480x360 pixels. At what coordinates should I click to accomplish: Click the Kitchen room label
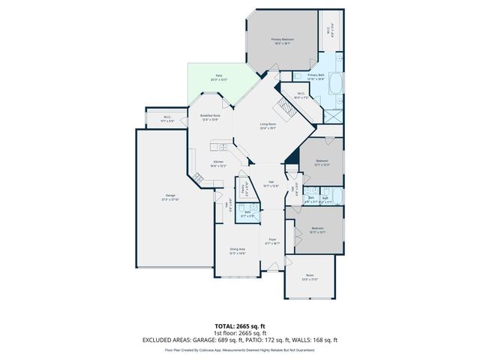pyautogui.click(x=218, y=163)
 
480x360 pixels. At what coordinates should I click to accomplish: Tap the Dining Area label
pyautogui.click(x=237, y=250)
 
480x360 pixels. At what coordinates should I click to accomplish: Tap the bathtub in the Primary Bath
pyautogui.click(x=334, y=82)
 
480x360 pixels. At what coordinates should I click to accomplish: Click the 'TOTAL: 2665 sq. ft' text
pyautogui.click(x=239, y=327)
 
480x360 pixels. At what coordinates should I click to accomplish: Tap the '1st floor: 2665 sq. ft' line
pyautogui.click(x=239, y=334)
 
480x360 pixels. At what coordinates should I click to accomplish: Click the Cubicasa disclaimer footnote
pyautogui.click(x=239, y=349)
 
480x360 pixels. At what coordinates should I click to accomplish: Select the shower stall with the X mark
pyautogui.click(x=331, y=117)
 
